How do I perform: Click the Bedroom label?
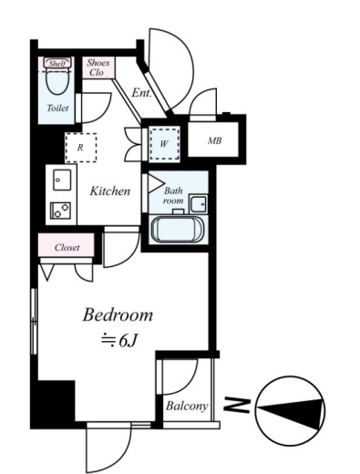click(118, 315)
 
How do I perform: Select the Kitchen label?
click(110, 191)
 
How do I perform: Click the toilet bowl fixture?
click(57, 78)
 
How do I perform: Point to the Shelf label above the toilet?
click(57, 64)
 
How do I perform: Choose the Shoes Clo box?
click(98, 67)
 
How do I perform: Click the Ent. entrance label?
click(141, 93)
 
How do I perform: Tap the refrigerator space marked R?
click(81, 148)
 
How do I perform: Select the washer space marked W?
click(164, 144)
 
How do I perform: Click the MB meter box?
click(213, 139)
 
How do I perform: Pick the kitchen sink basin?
click(62, 180)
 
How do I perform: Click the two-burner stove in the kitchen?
click(60, 211)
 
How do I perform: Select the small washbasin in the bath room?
click(199, 204)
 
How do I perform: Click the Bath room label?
click(173, 196)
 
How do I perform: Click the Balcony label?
click(187, 406)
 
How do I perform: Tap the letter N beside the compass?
click(237, 406)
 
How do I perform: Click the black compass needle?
click(290, 411)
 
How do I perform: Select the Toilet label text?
click(57, 108)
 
